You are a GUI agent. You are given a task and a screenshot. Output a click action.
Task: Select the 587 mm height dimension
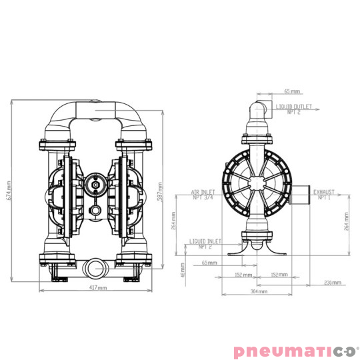click(x=161, y=194)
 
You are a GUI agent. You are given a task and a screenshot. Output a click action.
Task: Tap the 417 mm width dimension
click(x=97, y=288)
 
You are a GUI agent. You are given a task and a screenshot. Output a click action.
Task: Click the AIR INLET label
click(x=202, y=191)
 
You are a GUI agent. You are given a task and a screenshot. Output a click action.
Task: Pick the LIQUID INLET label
click(x=205, y=241)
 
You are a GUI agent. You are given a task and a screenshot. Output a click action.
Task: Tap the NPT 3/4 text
click(x=202, y=197)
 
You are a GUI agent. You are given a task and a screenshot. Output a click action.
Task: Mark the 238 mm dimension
click(x=331, y=282)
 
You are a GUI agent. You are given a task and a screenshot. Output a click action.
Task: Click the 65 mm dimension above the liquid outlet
click(x=291, y=91)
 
